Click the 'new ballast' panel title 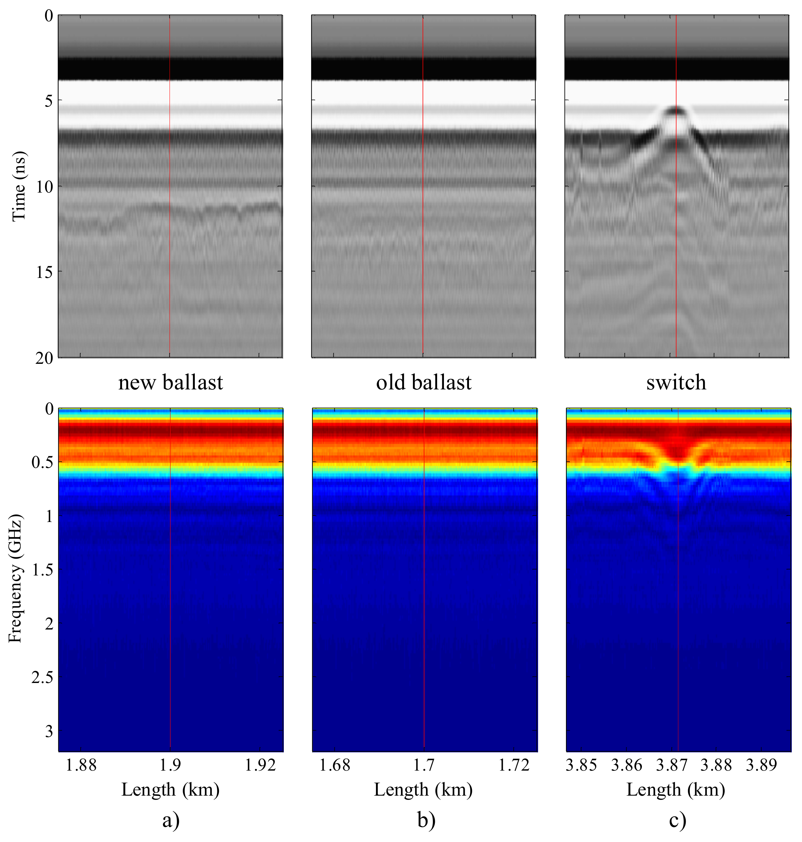click(x=171, y=382)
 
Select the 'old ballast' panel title click(x=424, y=382)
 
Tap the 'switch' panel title click(x=676, y=382)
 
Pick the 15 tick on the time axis click(x=44, y=272)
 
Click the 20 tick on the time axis click(x=44, y=358)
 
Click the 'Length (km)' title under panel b click(x=423, y=790)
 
